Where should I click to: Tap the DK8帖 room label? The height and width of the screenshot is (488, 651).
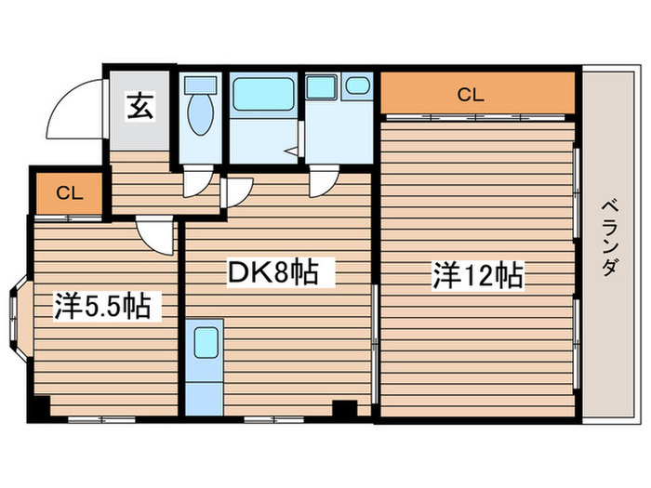click(x=274, y=273)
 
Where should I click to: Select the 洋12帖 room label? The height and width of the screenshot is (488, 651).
click(x=476, y=275)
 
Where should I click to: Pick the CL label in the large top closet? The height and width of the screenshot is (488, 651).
click(x=471, y=93)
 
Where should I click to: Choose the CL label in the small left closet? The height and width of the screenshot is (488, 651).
click(x=68, y=193)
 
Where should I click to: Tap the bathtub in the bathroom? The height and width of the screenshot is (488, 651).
click(x=264, y=95)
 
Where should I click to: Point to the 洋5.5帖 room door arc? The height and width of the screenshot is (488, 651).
click(x=154, y=236)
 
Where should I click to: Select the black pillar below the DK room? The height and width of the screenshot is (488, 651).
click(x=345, y=409)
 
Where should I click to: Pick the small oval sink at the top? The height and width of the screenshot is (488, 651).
click(x=358, y=86)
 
